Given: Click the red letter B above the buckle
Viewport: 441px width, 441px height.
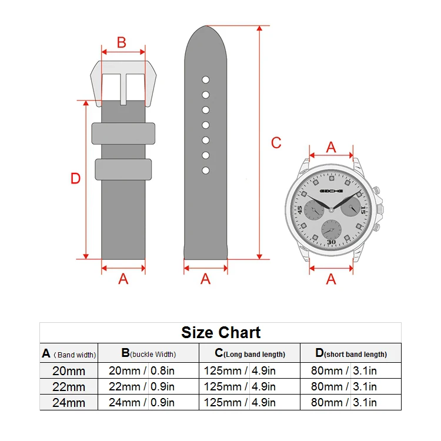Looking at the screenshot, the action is coord(122,43).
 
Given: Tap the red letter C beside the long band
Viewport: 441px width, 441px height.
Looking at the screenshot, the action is coord(276,143).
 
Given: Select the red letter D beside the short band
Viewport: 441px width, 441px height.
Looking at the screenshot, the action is coord(75,179).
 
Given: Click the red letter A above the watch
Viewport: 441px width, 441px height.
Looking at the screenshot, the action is coord(331,148).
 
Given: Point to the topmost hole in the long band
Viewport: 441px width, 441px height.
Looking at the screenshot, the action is coord(206,80).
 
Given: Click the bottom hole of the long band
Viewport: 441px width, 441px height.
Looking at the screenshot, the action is coord(206,171).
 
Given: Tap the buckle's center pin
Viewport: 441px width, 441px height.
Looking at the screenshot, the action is coord(123,89).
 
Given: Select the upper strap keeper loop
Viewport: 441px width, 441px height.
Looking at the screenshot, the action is coord(123,133).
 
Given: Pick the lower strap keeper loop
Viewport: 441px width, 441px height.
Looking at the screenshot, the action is coord(123,169).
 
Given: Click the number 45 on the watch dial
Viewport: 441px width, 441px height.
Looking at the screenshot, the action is coord(299,210).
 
